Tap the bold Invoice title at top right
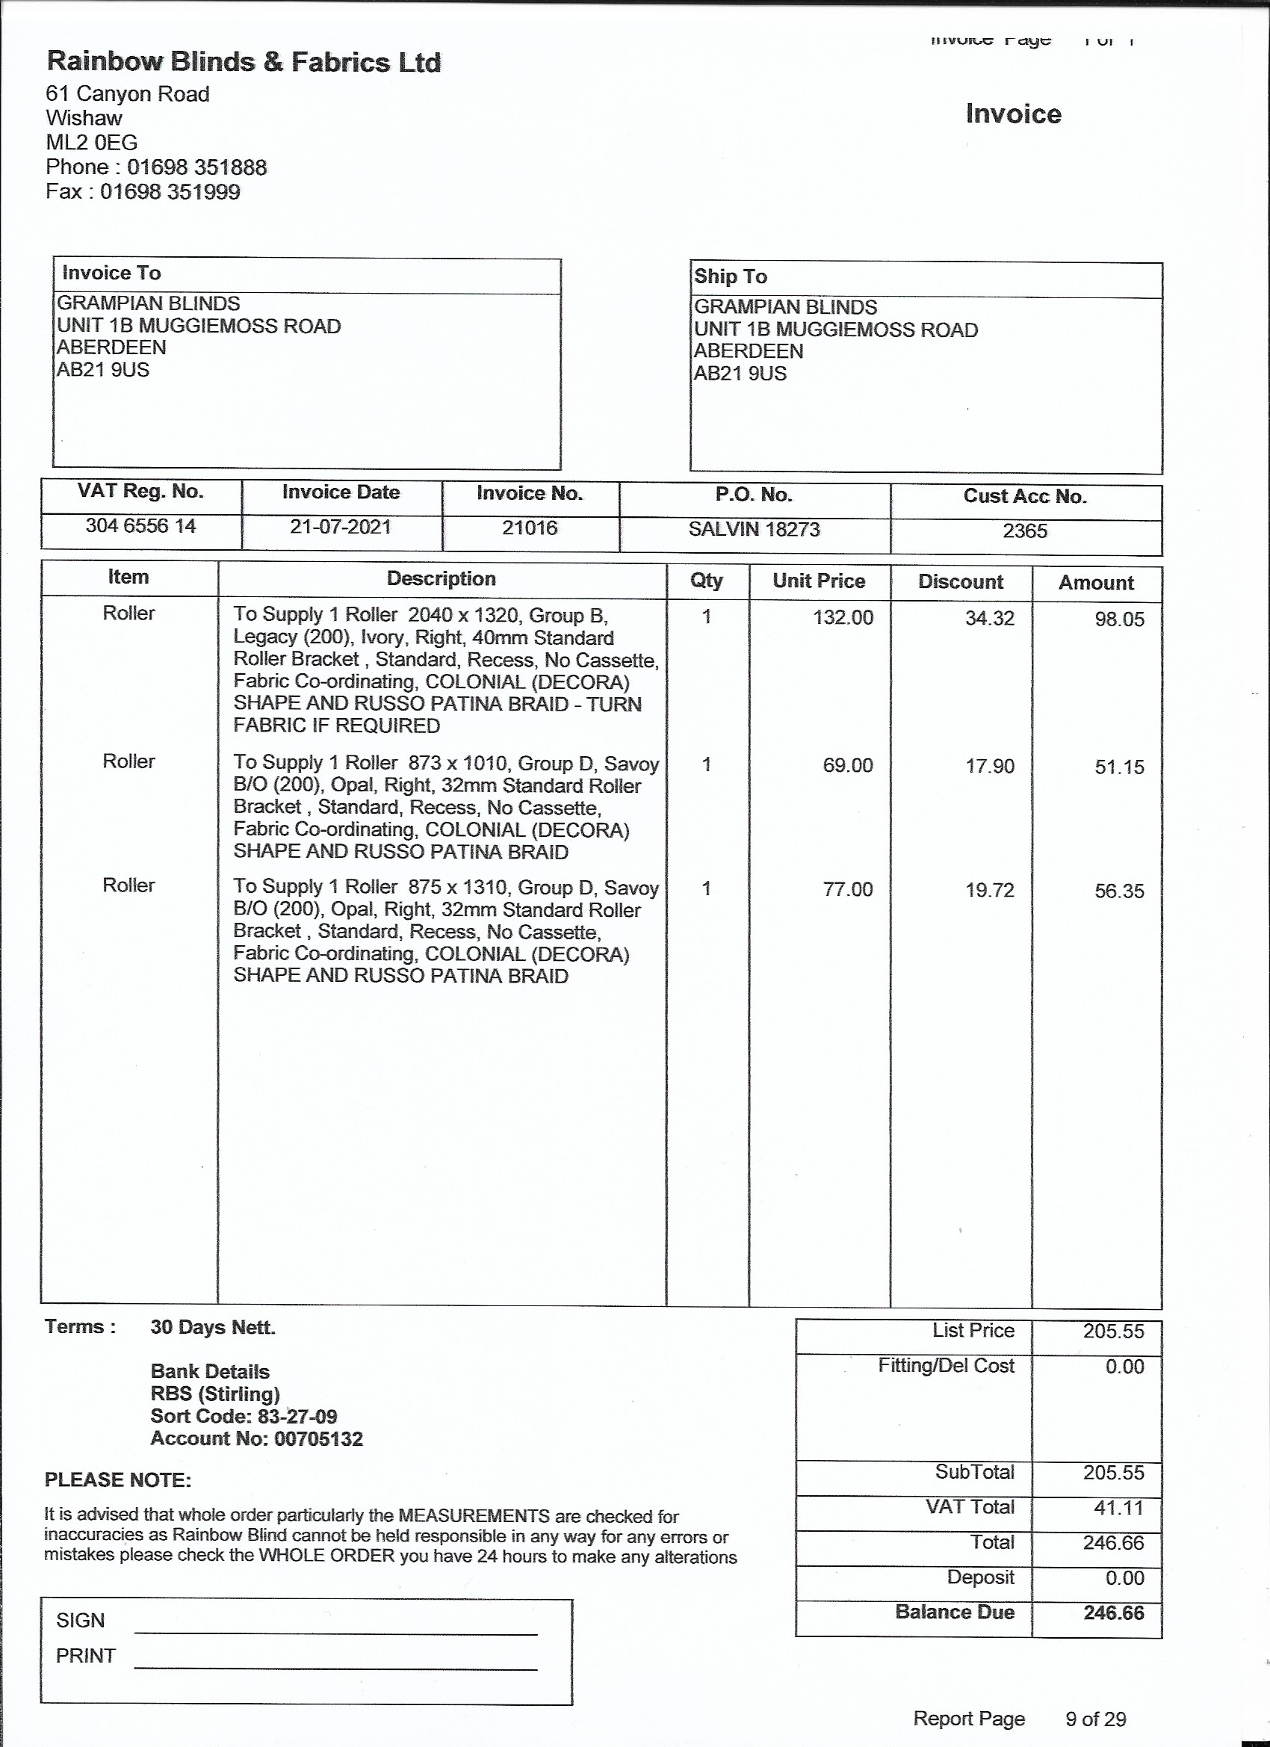1013,114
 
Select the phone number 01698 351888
196,167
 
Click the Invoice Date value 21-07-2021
341,527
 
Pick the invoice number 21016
529,528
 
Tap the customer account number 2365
1024,531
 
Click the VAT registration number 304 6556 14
140,526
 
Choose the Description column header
441,578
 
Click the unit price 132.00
843,618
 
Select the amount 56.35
1119,891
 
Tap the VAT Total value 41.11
1118,1507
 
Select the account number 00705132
318,1438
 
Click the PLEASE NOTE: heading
118,1479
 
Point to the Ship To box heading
730,276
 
